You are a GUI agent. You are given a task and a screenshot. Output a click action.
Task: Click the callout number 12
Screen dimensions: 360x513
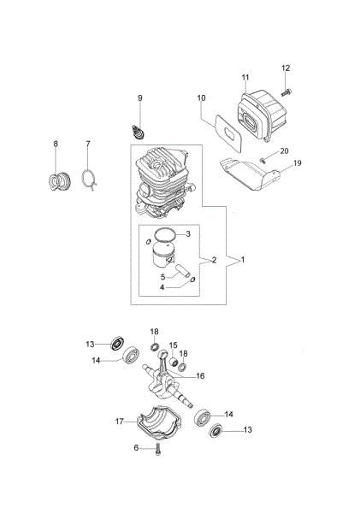point(286,68)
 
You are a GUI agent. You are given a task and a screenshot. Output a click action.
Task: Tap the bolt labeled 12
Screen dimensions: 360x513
point(286,92)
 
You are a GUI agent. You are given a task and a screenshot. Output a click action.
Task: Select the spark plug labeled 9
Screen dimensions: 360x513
point(138,132)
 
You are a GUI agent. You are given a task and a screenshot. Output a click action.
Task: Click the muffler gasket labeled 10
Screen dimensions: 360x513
point(228,133)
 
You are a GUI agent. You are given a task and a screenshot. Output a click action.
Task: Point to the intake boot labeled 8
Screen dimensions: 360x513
point(59,181)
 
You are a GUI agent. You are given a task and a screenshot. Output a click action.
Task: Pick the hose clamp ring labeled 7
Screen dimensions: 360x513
point(89,180)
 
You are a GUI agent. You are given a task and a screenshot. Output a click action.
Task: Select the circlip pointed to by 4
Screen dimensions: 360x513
point(192,279)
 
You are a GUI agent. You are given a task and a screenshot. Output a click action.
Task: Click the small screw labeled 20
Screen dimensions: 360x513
point(262,160)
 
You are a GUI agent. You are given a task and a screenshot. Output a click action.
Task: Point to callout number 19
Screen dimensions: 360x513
point(298,162)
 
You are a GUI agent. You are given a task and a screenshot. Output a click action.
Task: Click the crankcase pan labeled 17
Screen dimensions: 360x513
point(159,422)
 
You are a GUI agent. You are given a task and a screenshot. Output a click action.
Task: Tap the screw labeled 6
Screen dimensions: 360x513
point(158,449)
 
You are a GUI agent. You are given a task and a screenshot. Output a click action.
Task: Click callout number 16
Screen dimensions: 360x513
point(200,376)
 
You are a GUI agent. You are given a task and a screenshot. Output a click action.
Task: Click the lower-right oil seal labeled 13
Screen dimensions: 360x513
point(215,430)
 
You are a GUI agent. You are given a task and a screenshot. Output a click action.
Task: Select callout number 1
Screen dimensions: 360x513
point(243,260)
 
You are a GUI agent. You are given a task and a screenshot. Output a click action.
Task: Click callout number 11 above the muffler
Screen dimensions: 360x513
point(245,78)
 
